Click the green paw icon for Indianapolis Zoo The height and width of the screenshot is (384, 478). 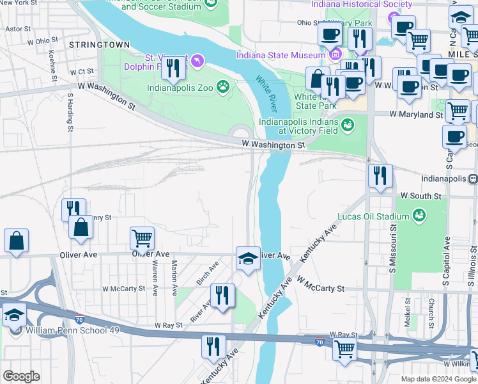[x=222, y=86]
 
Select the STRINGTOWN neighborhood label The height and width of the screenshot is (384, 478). [x=99, y=45]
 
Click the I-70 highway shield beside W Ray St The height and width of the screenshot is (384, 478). [x=320, y=342]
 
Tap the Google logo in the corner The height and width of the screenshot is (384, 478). [x=21, y=376]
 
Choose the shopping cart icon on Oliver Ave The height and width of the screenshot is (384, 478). [x=142, y=239]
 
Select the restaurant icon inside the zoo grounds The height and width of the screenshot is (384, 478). [x=173, y=67]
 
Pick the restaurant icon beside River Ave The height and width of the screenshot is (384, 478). [x=222, y=295]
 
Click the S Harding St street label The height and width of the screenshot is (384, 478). [x=70, y=113]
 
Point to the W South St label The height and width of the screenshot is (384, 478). [x=420, y=195]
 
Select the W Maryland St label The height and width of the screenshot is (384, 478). [x=417, y=115]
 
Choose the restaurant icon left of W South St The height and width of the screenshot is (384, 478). [x=380, y=175]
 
